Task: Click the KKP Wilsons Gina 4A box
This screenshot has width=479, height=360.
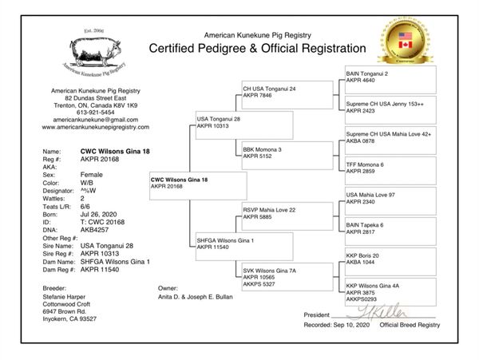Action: [390, 292]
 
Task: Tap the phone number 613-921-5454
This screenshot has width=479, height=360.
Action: [95, 113]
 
